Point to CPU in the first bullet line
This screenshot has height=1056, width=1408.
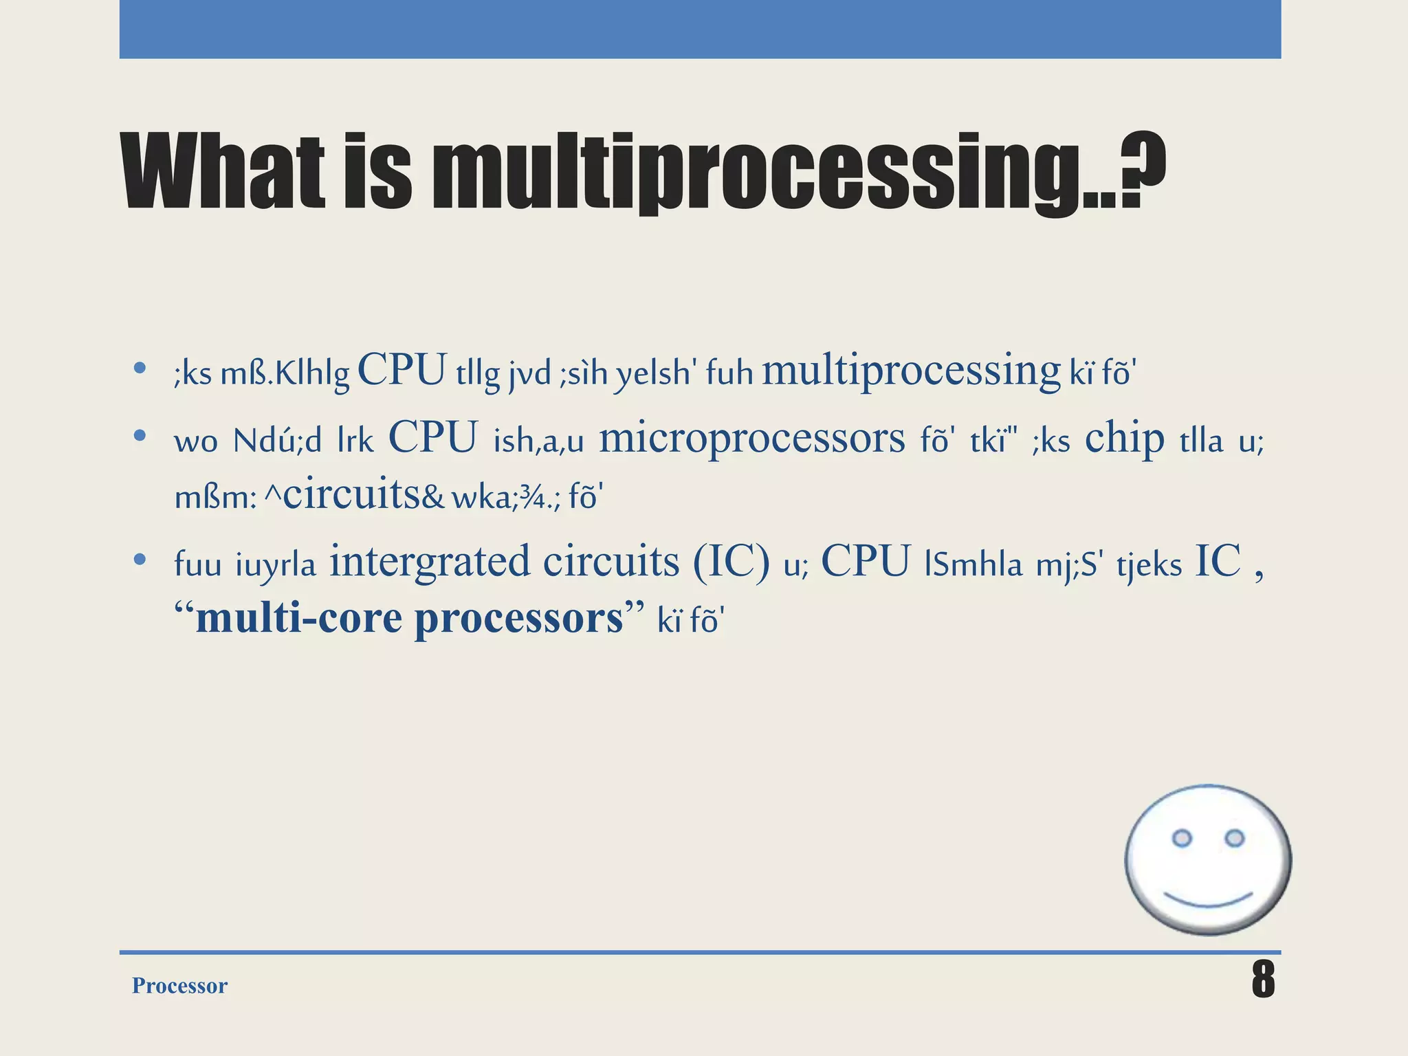click(x=402, y=370)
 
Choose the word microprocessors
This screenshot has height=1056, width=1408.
click(x=752, y=438)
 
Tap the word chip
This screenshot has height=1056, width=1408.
click(x=1125, y=438)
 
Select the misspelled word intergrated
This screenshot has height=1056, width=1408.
click(x=430, y=561)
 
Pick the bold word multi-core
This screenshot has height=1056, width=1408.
click(x=299, y=617)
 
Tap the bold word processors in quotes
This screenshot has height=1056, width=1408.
click(x=519, y=617)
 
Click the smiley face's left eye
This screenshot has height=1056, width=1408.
click(x=1181, y=838)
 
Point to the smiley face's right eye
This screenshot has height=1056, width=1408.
click(x=1235, y=838)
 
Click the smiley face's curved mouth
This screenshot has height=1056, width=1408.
click(x=1208, y=900)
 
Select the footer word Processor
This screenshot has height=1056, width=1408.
click(x=179, y=985)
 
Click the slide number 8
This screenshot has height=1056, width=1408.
click(x=1263, y=980)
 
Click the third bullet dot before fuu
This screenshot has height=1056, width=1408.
click(x=140, y=560)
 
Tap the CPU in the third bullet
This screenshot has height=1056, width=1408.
click(x=866, y=561)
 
